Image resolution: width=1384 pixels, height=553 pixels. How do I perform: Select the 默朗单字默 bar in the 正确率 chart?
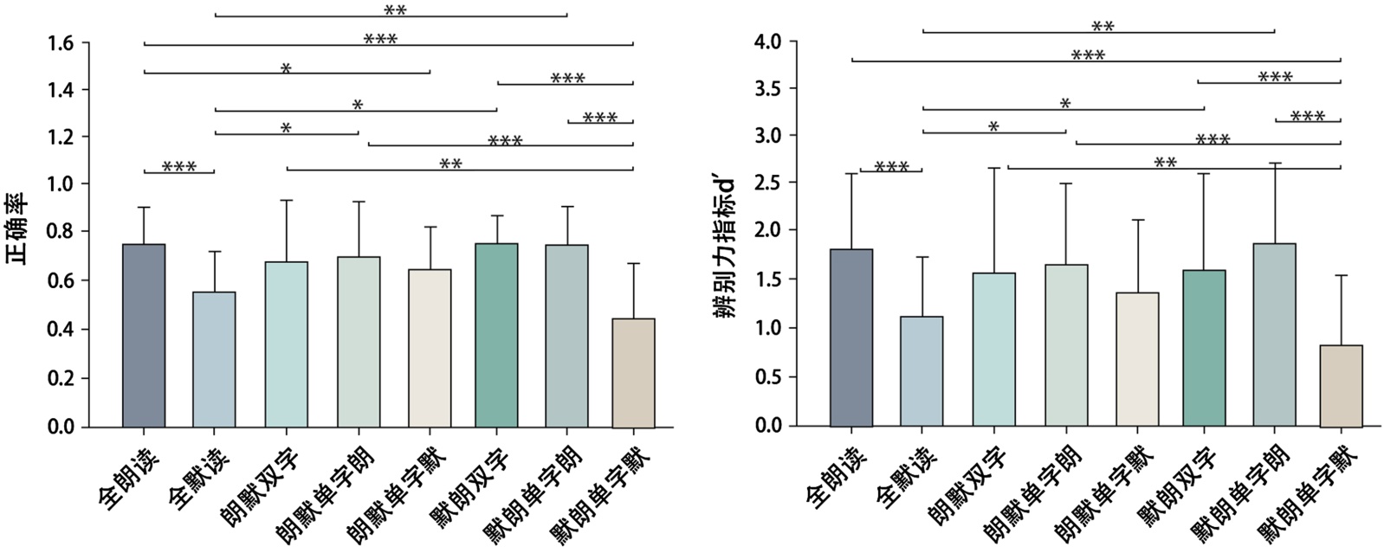633,373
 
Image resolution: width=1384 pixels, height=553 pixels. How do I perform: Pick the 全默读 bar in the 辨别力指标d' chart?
922,371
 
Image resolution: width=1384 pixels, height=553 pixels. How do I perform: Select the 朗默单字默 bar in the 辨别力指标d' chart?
1137,359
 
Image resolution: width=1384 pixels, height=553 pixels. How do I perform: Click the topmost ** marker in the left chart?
395,10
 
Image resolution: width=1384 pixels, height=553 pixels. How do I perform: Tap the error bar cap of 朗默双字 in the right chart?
993,168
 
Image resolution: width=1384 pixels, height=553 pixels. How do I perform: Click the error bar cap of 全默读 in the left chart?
214,252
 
